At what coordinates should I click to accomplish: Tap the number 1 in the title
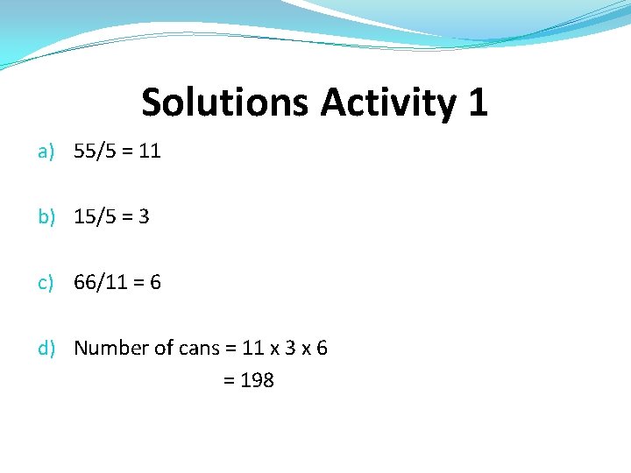pos(477,103)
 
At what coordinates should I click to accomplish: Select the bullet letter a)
pos(46,152)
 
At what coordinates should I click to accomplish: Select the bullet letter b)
pos(46,217)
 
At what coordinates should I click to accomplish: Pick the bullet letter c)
pos(46,283)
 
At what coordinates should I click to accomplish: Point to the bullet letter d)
pos(46,349)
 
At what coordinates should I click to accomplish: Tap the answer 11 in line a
pos(150,152)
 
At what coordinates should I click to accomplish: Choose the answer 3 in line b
pos(144,217)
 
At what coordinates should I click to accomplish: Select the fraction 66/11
pos(99,283)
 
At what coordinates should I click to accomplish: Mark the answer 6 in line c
pos(155,283)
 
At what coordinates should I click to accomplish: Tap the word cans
pos(199,349)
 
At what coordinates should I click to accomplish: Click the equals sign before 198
pos(230,381)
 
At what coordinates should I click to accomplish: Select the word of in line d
pos(164,349)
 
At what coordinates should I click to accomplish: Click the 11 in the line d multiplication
pos(253,349)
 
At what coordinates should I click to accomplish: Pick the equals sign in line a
pos(127,152)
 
